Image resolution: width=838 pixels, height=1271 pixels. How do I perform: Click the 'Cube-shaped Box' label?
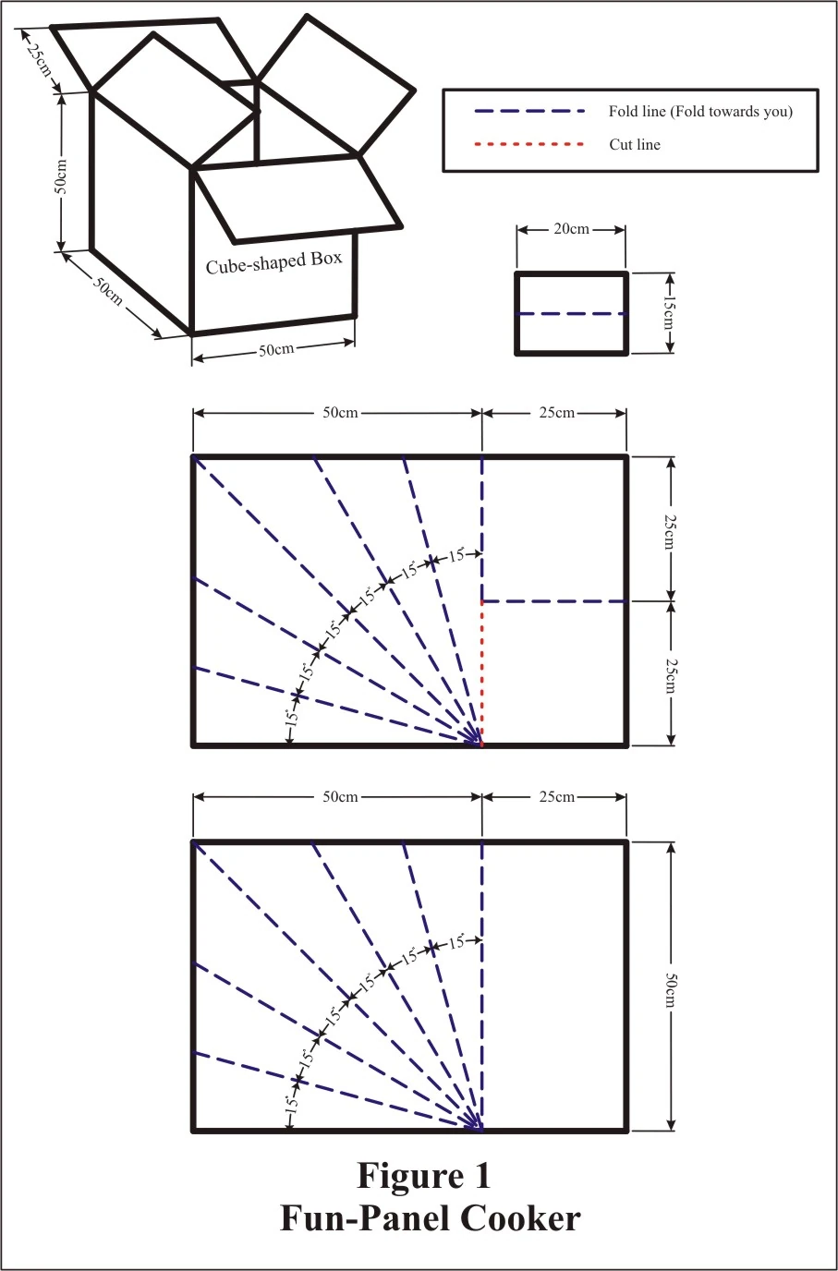(274, 262)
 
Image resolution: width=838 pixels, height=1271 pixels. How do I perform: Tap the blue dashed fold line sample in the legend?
(529, 111)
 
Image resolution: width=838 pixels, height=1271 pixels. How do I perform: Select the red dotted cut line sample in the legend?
(529, 144)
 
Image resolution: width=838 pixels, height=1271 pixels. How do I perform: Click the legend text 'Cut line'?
(635, 145)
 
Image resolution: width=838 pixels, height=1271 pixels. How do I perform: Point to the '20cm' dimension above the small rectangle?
(571, 229)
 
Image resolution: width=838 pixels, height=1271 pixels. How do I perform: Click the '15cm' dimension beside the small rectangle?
(670, 313)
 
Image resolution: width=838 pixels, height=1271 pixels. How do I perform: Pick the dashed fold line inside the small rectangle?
(572, 313)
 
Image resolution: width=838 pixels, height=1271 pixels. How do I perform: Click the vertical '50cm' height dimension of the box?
(61, 176)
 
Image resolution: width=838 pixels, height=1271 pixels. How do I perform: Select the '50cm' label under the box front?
(276, 349)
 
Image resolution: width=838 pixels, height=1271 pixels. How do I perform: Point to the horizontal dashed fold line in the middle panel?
(554, 601)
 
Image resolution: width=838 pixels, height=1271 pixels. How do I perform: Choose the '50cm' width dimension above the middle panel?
(340, 413)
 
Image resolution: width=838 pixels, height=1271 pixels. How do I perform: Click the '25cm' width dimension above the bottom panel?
(556, 796)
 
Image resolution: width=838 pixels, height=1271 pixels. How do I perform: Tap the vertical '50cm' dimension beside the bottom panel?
(670, 990)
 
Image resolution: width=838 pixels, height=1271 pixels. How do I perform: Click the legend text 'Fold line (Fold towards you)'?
(700, 111)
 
